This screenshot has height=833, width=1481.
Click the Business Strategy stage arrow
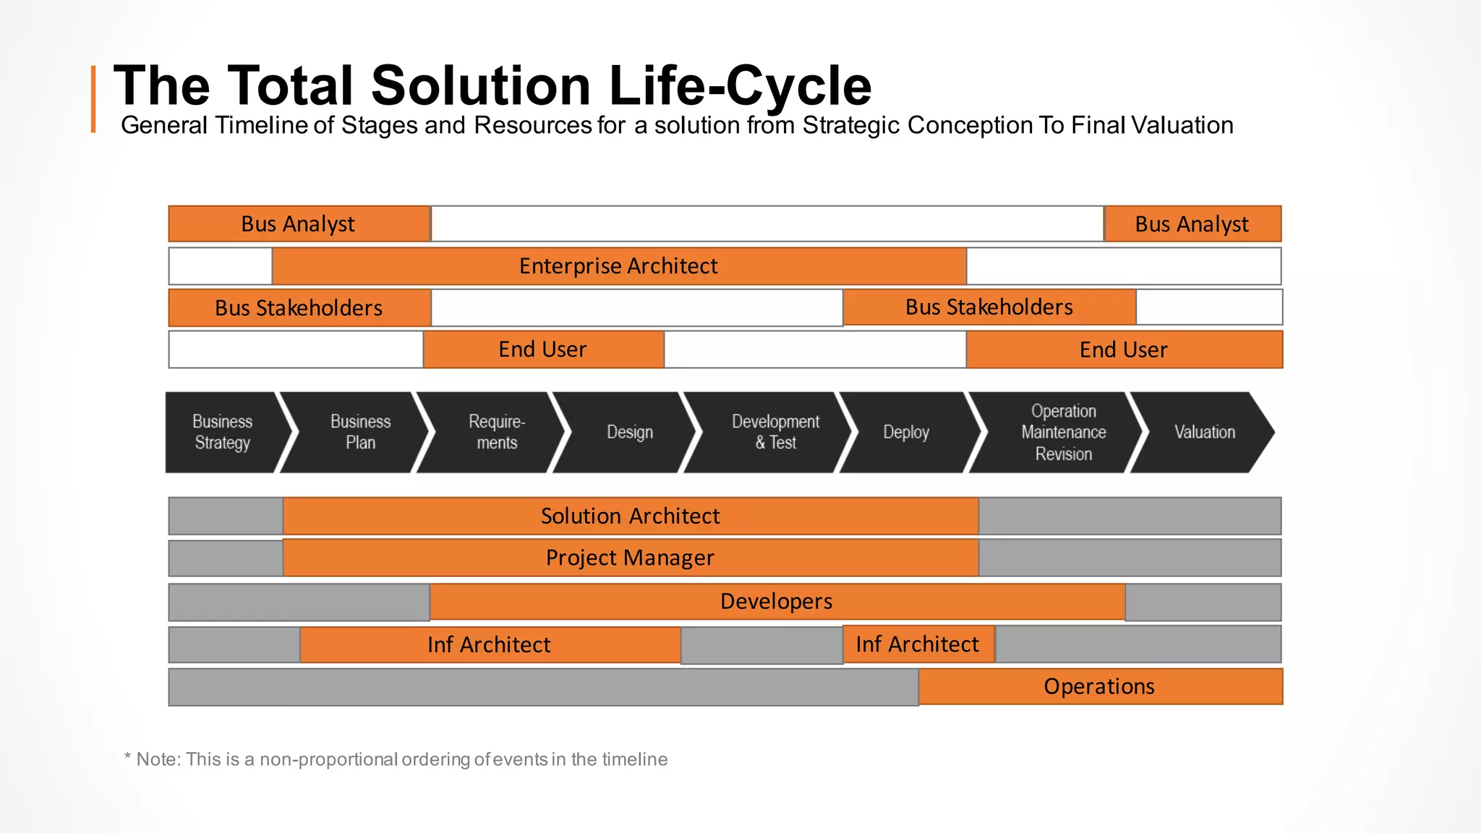[223, 432]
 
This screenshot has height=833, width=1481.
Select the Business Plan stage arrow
[359, 432]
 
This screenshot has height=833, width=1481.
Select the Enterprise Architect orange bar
[619, 266]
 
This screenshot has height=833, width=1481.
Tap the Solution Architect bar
[631, 516]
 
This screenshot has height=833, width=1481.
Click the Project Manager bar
[631, 558]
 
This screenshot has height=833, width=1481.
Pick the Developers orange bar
[777, 602]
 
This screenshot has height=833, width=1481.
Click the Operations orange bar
[1099, 686]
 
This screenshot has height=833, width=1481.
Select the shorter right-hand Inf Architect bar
[918, 644]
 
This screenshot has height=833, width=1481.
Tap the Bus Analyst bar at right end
[1192, 224]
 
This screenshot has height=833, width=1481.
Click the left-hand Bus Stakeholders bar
[299, 308]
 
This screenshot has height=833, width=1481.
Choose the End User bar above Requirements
[542, 349]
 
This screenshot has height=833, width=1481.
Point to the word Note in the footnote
[158, 759]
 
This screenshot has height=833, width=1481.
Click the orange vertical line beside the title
[93, 99]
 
